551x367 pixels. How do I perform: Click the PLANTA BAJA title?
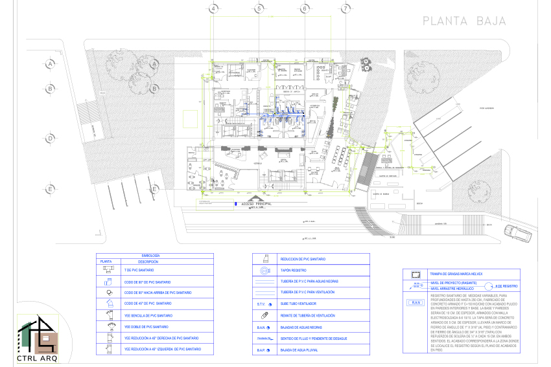click(464, 21)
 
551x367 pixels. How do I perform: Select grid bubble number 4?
click(213, 8)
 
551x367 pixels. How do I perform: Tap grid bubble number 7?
click(347, 8)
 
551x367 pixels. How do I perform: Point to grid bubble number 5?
click(258, 8)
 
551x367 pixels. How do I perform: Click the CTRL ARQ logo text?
click(36, 356)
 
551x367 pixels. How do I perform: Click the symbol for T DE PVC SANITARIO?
click(108, 269)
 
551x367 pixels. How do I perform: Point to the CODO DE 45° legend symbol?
click(108, 303)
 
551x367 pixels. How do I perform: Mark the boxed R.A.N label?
click(416, 302)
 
